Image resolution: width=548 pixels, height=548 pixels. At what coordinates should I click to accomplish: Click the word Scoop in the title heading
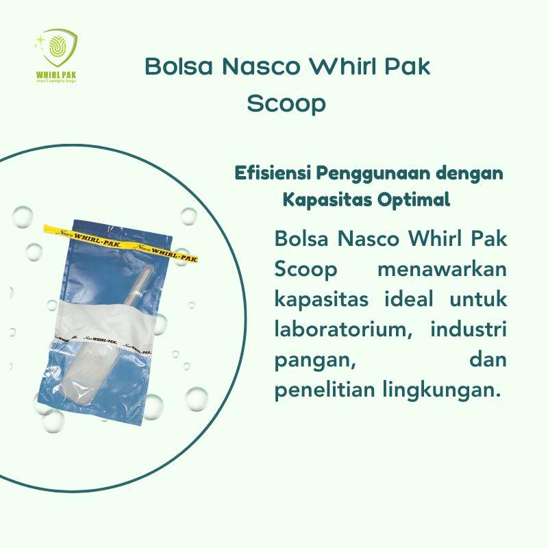(286, 105)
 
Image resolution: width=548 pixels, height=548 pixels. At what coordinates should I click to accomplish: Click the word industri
(469, 329)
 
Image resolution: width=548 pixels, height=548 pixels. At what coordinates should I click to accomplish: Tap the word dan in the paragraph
(487, 360)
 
